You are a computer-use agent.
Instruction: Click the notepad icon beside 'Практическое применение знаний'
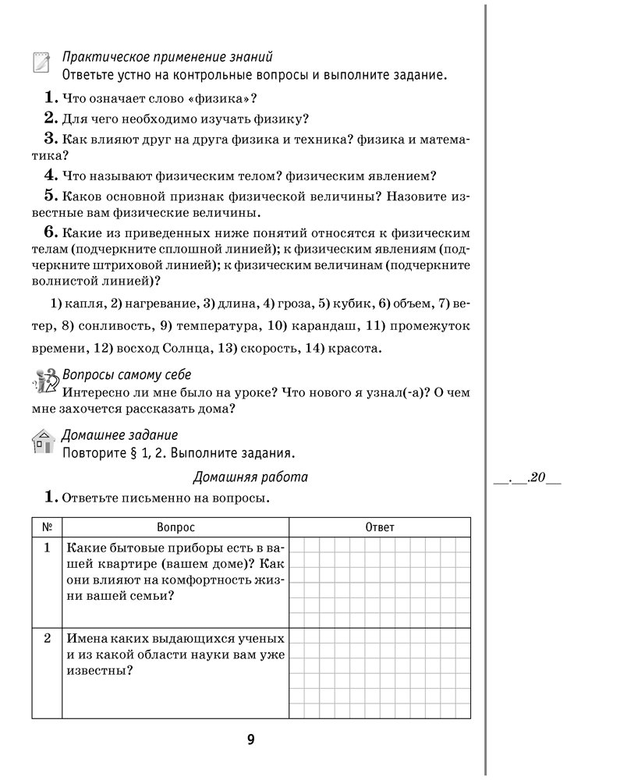[41, 63]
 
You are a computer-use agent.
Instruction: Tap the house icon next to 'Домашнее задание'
[42, 441]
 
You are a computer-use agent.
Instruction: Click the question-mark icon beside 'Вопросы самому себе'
[42, 381]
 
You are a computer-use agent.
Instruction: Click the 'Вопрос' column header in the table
[175, 527]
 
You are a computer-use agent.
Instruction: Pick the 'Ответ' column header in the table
[380, 527]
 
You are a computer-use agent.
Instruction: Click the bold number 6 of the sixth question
[51, 232]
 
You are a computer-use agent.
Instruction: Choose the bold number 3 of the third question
[51, 139]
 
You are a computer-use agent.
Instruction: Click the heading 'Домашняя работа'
[250, 477]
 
